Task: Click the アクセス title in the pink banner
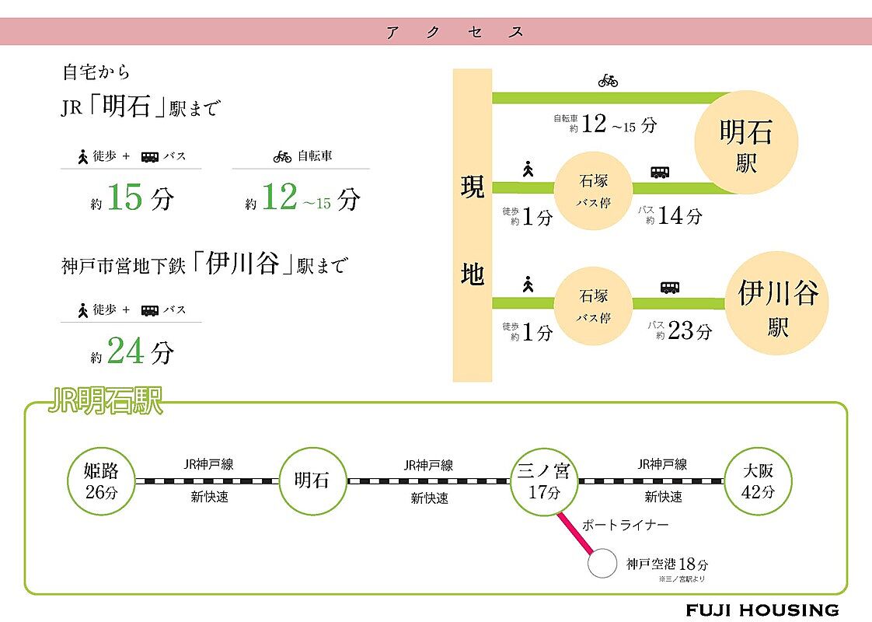455,32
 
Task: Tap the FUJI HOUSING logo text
762,610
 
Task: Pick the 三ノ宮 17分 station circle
544,480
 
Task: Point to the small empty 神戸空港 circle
601,564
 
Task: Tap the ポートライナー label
625,525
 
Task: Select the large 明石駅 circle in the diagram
746,142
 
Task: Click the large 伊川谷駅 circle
777,304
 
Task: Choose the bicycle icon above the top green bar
608,80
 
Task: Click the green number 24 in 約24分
126,352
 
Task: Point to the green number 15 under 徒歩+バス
125,197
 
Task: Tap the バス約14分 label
669,215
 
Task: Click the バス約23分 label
678,330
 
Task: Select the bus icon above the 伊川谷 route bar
670,287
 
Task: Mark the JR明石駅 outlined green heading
105,402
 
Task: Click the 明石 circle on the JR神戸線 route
312,480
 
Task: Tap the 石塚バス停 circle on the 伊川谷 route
595,306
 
